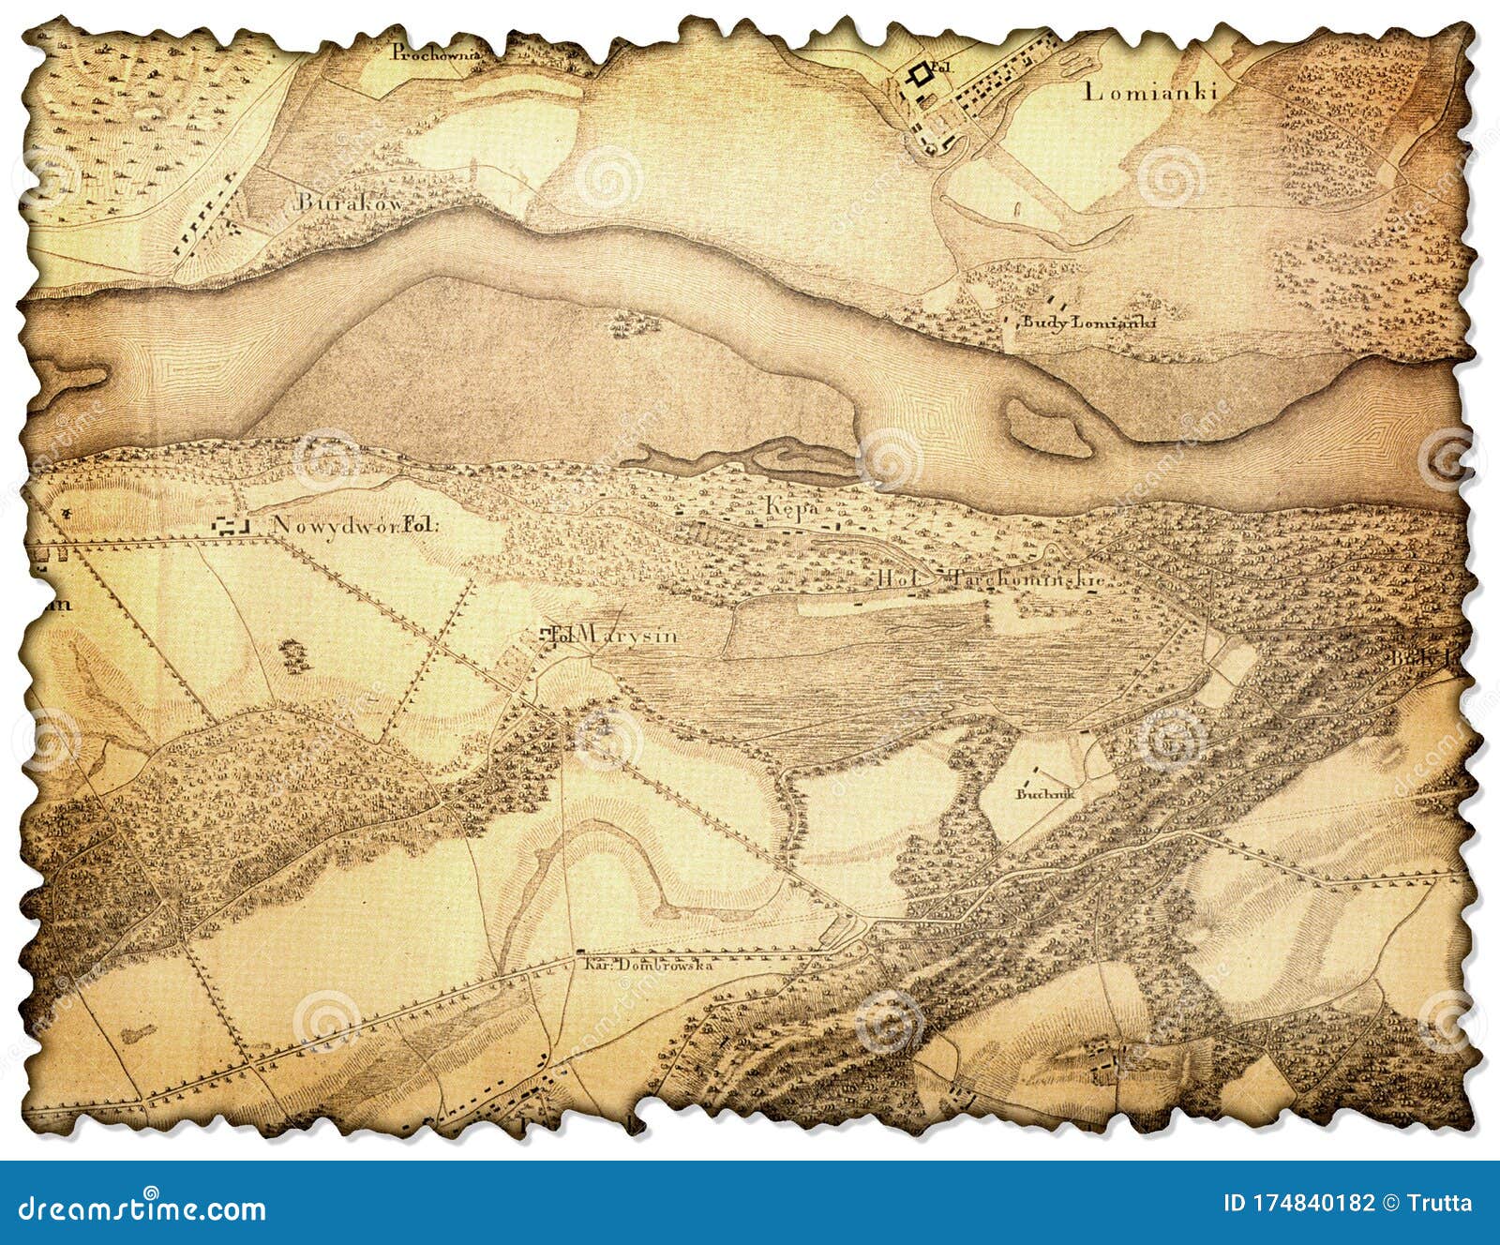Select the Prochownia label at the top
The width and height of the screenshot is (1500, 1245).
(436, 53)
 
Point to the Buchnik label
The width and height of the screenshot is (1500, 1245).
(1036, 793)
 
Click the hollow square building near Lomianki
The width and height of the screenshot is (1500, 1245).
(919, 73)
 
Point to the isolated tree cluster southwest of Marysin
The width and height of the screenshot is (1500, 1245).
(294, 653)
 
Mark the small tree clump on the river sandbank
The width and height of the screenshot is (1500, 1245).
(634, 325)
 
